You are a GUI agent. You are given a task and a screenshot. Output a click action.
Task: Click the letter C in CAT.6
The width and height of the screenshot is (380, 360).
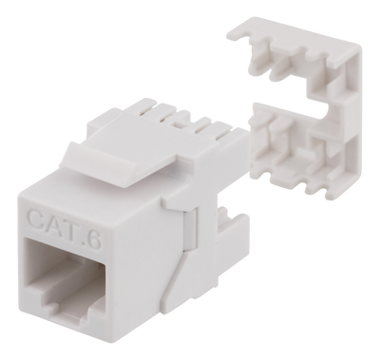click(x=37, y=217)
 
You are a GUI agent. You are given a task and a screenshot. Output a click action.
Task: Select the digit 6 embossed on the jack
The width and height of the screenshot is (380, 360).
click(x=95, y=238)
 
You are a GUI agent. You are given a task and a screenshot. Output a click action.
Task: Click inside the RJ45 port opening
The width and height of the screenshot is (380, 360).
click(x=64, y=277)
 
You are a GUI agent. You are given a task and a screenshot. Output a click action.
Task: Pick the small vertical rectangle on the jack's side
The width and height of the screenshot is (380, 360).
click(x=190, y=229)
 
